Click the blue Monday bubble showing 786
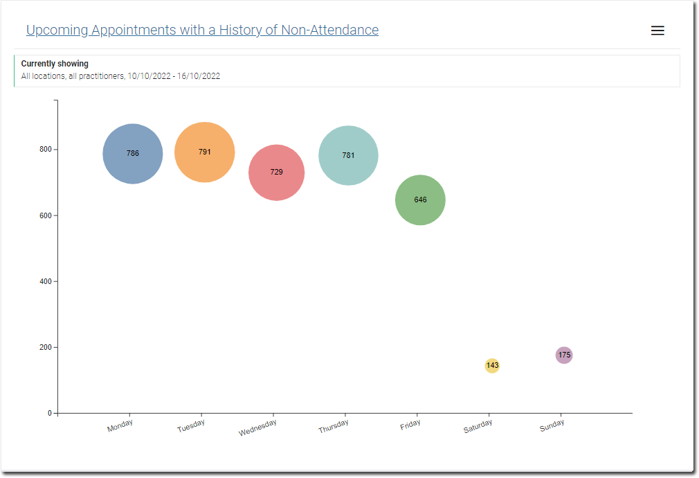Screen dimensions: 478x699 [x=133, y=154]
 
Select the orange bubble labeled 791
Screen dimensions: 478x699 [x=205, y=152]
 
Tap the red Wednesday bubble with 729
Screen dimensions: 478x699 [x=277, y=172]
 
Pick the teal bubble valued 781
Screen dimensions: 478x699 [x=348, y=156]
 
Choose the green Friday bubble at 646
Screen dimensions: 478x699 [x=420, y=200]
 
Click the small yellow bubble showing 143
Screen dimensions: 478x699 [x=492, y=366]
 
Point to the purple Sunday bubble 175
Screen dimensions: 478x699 [x=564, y=355]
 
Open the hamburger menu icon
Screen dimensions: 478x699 [x=657, y=30]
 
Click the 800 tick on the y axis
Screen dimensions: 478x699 [x=46, y=150]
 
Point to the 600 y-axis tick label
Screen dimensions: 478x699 [x=46, y=215]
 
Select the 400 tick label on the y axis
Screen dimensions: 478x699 [x=46, y=281]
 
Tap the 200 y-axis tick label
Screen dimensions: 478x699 [x=46, y=347]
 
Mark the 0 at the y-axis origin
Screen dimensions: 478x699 [x=50, y=414]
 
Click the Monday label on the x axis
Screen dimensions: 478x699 [x=120, y=426]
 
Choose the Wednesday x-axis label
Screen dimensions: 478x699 [x=257, y=428]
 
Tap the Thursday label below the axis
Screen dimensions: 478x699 [x=333, y=427]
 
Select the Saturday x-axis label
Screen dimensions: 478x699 [x=478, y=427]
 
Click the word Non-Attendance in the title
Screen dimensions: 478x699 [x=329, y=30]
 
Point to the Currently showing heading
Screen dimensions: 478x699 [x=55, y=64]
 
